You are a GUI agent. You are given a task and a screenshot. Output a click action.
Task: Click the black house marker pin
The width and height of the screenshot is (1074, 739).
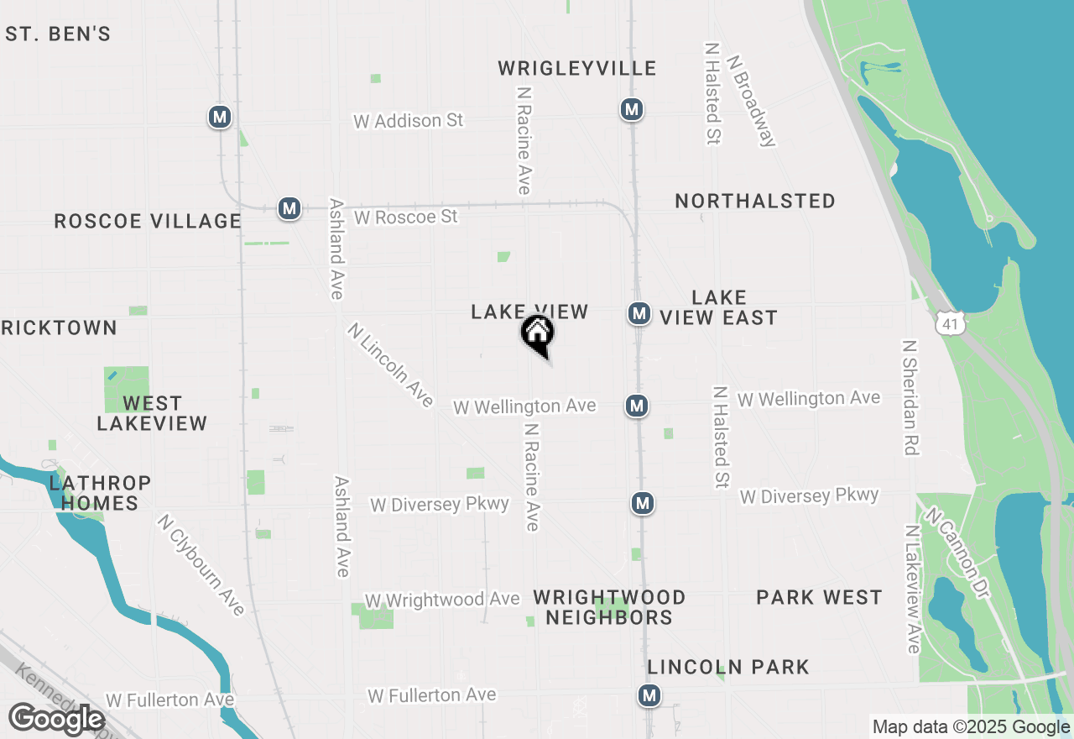point(537,333)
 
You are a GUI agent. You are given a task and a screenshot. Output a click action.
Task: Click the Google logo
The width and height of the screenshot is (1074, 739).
point(56,719)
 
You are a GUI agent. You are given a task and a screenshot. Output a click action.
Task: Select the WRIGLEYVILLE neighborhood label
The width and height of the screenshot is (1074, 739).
point(577,68)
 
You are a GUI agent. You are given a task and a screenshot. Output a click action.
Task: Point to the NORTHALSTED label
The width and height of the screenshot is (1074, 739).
point(755,201)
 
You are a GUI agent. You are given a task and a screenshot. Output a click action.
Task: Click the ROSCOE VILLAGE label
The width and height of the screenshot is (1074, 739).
point(148,221)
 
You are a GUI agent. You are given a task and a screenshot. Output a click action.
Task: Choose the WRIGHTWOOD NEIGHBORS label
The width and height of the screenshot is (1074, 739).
point(610,607)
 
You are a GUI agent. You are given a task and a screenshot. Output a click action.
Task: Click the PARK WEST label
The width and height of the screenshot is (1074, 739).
point(819,597)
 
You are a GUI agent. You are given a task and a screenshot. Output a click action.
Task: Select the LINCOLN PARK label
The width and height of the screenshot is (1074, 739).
point(728,667)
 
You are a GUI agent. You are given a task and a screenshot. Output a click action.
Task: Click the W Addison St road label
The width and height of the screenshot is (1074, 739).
point(408,121)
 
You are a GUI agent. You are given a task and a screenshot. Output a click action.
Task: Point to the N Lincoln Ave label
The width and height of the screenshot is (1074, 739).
point(390,364)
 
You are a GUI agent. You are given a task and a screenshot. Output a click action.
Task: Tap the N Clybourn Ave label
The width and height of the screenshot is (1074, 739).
point(201,564)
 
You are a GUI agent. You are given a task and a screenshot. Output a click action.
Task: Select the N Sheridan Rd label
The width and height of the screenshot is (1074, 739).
point(910,397)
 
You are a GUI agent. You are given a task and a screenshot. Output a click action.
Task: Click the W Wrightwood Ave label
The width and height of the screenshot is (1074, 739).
point(441,600)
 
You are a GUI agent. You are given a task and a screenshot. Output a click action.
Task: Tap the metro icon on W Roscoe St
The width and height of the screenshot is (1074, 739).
point(289,208)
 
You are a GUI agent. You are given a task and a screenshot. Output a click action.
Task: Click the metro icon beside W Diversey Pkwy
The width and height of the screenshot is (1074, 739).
point(643,503)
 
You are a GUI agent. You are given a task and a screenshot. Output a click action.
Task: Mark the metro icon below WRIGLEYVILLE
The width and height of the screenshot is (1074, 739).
point(632,109)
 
